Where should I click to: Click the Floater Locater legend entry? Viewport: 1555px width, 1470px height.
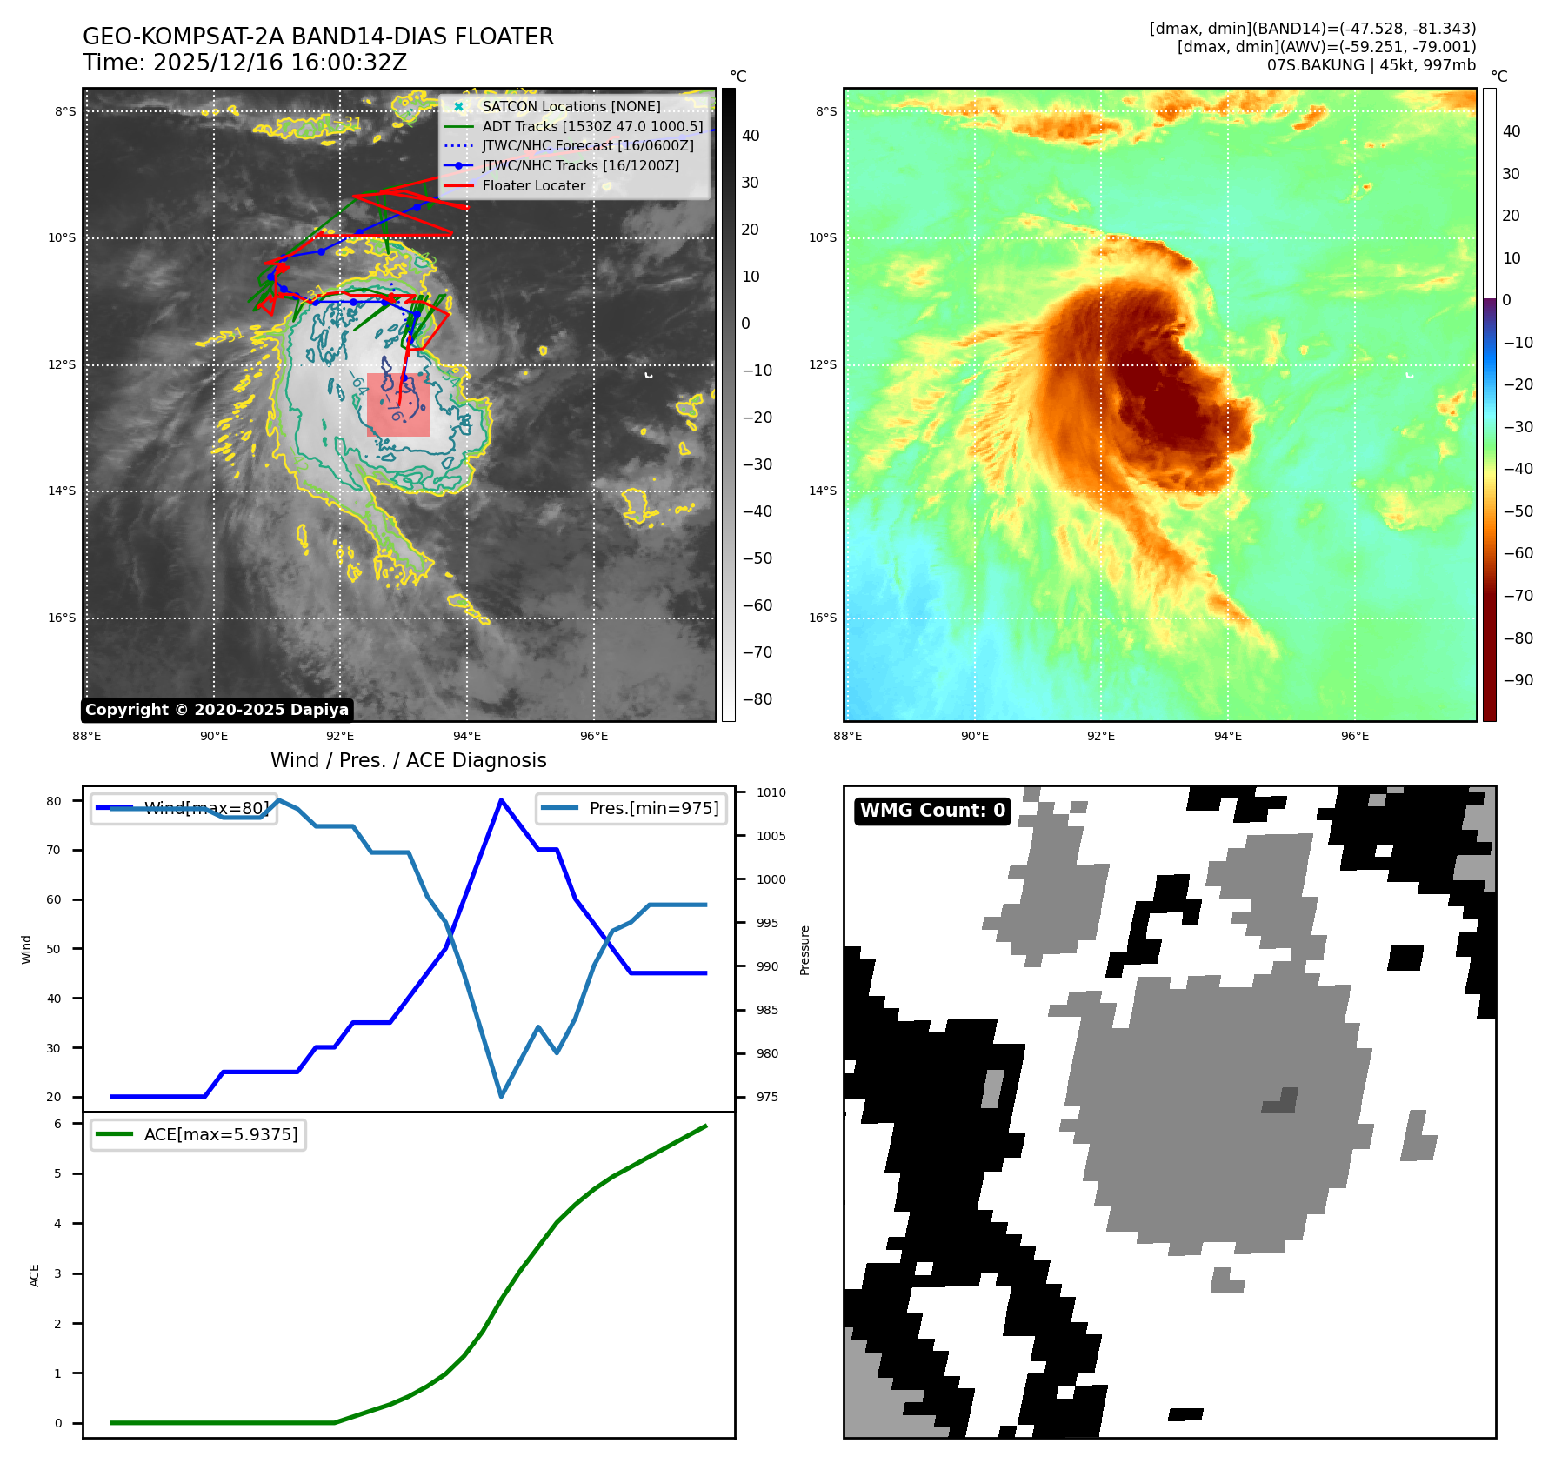[x=533, y=185]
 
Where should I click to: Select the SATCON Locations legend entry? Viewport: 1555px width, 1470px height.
[x=571, y=106]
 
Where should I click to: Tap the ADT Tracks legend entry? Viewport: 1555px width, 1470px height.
[x=592, y=126]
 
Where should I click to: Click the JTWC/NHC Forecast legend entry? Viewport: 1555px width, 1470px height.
[x=588, y=145]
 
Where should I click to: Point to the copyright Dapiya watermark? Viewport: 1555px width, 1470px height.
[x=217, y=710]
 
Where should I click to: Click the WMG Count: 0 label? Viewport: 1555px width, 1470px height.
[x=932, y=811]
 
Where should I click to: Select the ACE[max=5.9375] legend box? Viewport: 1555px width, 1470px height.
[x=198, y=1134]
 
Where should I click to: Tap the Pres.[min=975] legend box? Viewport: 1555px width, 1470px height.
[x=631, y=808]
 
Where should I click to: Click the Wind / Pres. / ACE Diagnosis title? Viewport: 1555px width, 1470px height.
[x=409, y=760]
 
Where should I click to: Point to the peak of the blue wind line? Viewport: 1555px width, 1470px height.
[x=501, y=799]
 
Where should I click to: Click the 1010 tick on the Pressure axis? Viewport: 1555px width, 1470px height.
[x=771, y=792]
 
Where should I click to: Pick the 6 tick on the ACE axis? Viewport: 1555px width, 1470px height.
[x=58, y=1124]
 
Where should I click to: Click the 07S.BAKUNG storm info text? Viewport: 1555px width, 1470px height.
[x=1371, y=65]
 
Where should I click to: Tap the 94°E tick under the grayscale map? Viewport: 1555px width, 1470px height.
[x=467, y=736]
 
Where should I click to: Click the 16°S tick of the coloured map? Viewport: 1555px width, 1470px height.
[x=823, y=618]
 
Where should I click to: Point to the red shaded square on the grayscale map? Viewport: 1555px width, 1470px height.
[x=398, y=404]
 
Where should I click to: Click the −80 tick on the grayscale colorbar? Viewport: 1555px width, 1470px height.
[x=757, y=699]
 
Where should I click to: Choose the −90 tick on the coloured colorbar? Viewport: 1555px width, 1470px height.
[x=1518, y=680]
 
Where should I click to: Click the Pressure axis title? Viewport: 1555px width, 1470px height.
[x=804, y=950]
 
